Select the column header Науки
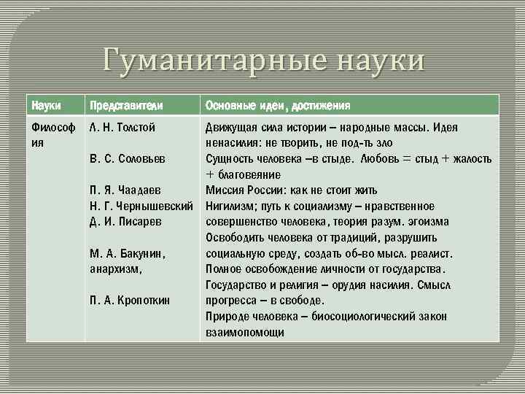46,105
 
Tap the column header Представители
125,105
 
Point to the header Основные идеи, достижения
278,105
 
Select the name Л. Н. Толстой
122,128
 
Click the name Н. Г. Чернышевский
141,206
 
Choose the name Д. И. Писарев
125,221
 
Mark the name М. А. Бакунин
128,253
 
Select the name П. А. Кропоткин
130,300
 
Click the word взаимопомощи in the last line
245,332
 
